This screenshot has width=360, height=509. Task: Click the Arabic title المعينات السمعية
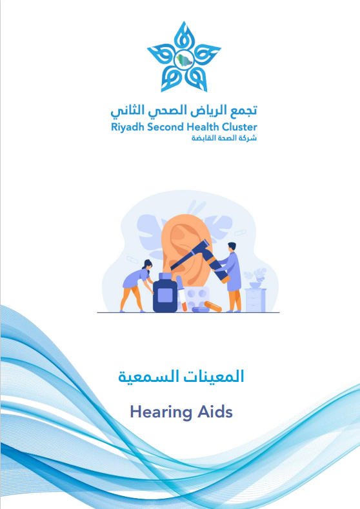pos(181,377)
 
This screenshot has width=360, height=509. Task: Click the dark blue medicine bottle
pos(165,294)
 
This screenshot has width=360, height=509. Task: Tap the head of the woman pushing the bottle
pos(148,264)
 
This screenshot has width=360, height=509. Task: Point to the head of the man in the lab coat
pos(232,248)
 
